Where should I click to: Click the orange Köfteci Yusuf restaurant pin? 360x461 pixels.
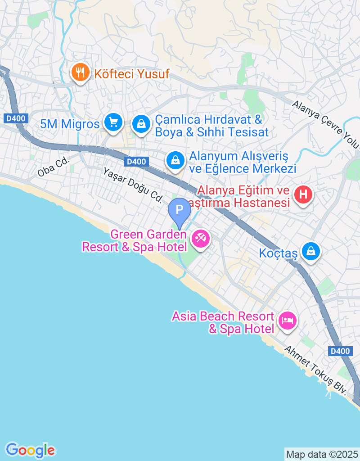click(81, 72)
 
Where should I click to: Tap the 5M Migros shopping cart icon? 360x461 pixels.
click(113, 122)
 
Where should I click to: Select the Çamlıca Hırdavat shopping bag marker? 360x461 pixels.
click(141, 123)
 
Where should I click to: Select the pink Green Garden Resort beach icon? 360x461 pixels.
click(200, 238)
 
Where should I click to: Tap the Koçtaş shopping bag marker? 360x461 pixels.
click(310, 252)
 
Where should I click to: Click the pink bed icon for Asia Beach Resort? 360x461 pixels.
click(287, 321)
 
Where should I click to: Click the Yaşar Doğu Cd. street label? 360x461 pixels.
click(132, 185)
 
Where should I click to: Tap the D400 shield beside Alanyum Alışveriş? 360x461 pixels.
click(137, 162)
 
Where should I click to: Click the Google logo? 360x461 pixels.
click(30, 450)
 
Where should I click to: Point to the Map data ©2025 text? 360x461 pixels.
click(322, 454)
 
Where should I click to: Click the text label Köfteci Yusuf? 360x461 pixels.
click(131, 73)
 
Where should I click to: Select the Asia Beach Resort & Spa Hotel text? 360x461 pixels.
click(223, 322)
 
